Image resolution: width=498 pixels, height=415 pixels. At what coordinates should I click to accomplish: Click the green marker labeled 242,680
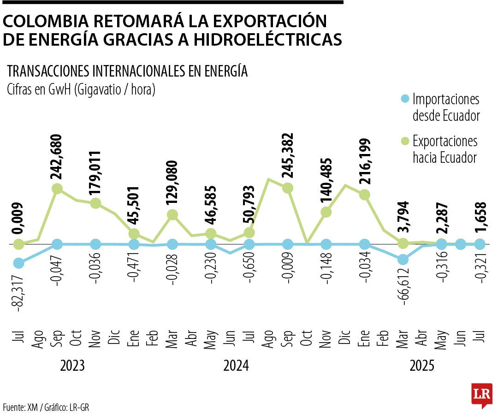click(x=57, y=189)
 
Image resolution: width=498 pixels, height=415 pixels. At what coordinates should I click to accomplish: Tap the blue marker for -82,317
click(x=19, y=263)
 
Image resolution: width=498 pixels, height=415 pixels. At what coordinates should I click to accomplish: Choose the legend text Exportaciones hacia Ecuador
click(x=445, y=149)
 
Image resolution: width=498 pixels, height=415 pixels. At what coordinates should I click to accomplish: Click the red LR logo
click(x=481, y=395)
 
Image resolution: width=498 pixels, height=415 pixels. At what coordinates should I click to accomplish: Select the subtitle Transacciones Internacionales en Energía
click(x=128, y=71)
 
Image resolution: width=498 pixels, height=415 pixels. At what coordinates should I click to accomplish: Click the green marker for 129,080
click(x=172, y=215)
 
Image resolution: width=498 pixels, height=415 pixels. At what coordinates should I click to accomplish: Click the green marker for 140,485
click(x=326, y=212)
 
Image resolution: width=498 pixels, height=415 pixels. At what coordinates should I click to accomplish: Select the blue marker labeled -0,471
click(x=134, y=244)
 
